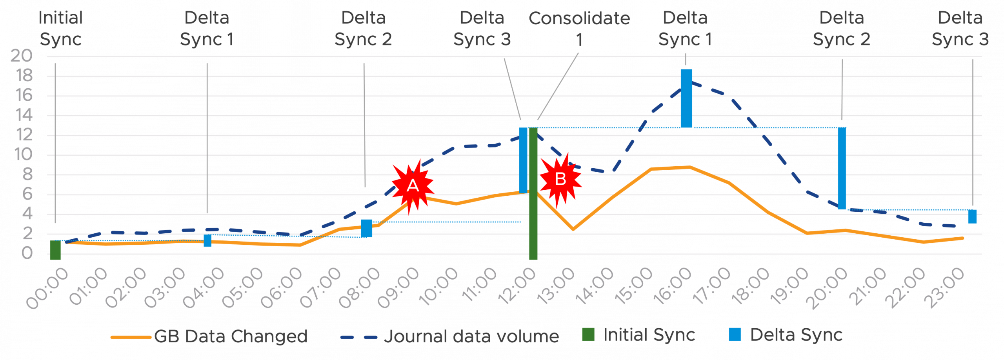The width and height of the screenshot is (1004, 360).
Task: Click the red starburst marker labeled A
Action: (x=413, y=185)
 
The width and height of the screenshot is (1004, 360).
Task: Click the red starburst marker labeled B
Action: (x=560, y=179)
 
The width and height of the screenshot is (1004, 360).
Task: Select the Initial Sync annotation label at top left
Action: (x=60, y=29)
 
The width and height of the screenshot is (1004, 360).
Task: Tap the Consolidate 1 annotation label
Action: (x=579, y=29)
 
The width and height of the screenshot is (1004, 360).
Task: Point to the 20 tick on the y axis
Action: (x=22, y=56)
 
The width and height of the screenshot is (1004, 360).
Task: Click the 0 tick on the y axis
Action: (x=27, y=253)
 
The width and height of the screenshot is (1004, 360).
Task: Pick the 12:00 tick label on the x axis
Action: (x=517, y=286)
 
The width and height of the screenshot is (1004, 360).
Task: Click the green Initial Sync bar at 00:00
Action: (x=55, y=250)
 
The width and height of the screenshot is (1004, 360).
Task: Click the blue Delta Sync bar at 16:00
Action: (x=686, y=98)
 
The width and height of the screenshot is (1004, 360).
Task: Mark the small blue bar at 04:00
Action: (x=207, y=240)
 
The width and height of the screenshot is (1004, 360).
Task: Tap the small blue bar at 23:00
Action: (x=972, y=216)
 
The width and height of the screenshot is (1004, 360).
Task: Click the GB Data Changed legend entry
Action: (x=209, y=336)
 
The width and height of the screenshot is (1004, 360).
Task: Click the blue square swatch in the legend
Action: (x=735, y=335)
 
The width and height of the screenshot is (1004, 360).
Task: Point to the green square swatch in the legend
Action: (x=588, y=335)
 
